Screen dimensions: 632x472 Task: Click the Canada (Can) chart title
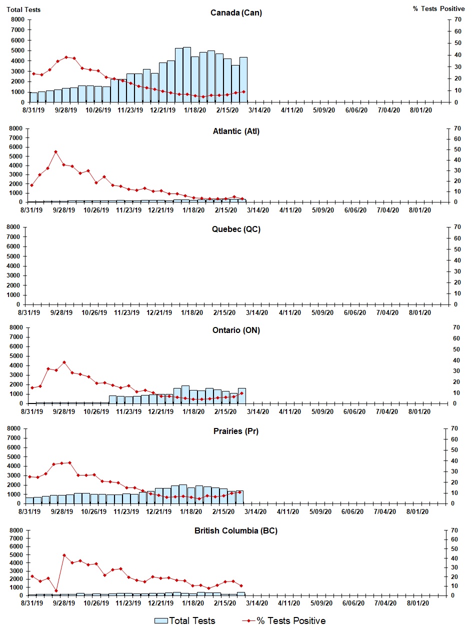pos(236,13)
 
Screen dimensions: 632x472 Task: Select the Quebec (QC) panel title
pos(235,229)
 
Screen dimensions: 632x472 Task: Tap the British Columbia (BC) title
pos(235,530)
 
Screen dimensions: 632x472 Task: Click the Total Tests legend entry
pos(184,620)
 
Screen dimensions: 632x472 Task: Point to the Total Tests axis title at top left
pos(23,9)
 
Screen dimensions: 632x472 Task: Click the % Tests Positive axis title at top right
pos(438,9)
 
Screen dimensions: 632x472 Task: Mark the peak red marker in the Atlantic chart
pos(55,151)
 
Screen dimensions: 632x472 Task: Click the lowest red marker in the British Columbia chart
pos(56,590)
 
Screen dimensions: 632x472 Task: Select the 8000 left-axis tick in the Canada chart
pos(17,19)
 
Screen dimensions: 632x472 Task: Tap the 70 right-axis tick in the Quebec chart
pos(456,227)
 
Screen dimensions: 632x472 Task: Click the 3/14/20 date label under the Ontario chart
pos(258,411)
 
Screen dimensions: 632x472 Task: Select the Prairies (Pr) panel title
pos(235,431)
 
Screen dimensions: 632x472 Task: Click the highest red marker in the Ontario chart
pos(64,362)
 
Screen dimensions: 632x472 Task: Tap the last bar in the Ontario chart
pos(241,395)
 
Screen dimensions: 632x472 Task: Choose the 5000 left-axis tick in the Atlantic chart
pos(17,156)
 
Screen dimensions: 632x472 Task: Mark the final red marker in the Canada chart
pos(243,91)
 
